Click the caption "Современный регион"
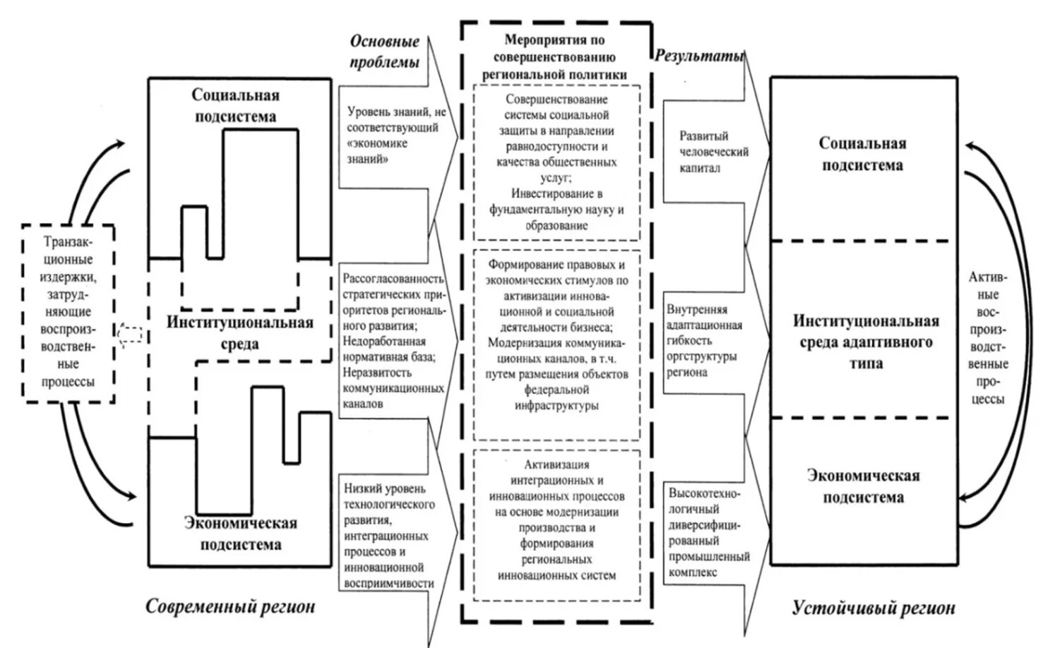230,606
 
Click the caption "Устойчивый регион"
874,608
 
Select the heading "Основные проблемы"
384,52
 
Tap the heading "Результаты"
698,56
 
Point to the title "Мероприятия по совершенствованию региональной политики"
555,57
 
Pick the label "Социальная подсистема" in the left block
235,106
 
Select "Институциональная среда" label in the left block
240,333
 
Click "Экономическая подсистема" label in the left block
240,534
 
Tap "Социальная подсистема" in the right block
862,154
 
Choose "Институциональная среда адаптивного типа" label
866,342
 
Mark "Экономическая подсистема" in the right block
863,486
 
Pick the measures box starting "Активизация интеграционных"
556,520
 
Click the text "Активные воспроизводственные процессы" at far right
992,337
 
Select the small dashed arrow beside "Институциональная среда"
131,333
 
